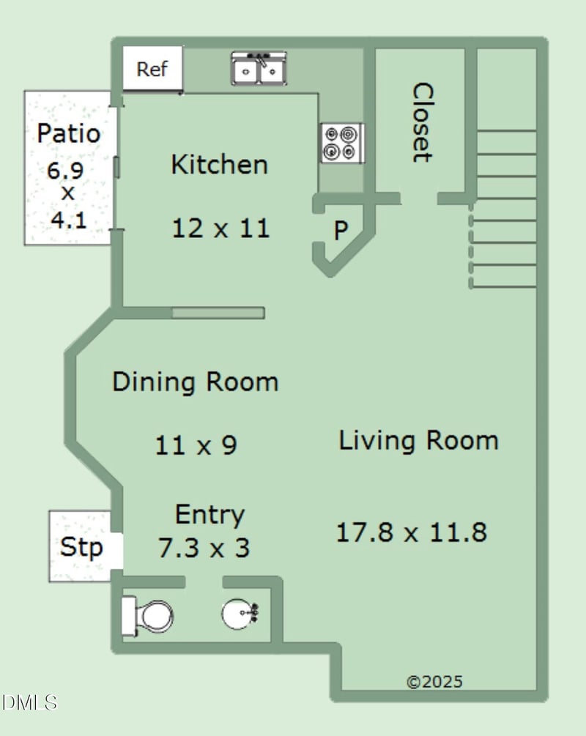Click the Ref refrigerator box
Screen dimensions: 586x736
152,69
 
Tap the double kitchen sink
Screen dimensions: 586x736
259,69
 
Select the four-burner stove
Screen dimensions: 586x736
342,143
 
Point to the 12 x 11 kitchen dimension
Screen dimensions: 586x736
220,228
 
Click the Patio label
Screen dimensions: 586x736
69,133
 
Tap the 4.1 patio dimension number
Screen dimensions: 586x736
69,220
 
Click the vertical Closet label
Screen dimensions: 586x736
422,122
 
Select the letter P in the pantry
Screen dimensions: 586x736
341,231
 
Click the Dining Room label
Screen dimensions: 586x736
196,382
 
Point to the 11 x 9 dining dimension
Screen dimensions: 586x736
196,445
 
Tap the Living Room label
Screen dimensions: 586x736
418,441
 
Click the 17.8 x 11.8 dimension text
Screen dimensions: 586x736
412,532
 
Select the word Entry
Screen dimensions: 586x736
210,516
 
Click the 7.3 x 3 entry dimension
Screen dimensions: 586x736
204,548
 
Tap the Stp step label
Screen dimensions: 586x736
81,547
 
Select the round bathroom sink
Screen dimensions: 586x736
240,614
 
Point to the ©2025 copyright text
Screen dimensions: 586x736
434,682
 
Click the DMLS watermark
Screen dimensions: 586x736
29,702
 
